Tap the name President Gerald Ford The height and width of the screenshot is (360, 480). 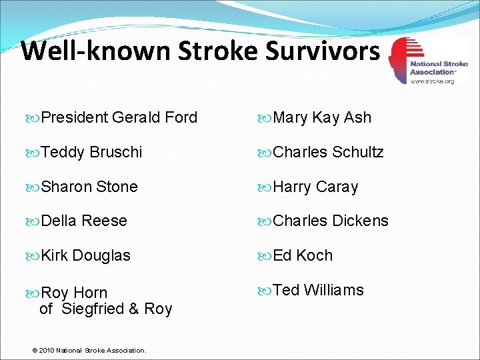point(119,118)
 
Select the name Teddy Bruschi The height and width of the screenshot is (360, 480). point(91,152)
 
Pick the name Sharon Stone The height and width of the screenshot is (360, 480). point(89,187)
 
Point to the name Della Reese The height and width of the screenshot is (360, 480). point(84,221)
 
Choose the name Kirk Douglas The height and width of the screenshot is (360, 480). point(85,255)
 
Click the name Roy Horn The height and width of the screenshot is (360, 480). point(74,293)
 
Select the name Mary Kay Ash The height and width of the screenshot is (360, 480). point(322,118)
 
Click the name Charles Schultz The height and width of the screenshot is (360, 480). point(328,152)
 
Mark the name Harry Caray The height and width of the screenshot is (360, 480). point(315,187)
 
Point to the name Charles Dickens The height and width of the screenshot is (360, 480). point(331,221)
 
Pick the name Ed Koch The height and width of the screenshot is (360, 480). point(303,255)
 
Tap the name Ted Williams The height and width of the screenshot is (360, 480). point(319,290)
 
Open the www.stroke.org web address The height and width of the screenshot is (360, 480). point(431,81)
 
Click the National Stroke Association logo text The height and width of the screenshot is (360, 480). point(439,68)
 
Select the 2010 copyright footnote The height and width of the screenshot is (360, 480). point(91,350)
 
